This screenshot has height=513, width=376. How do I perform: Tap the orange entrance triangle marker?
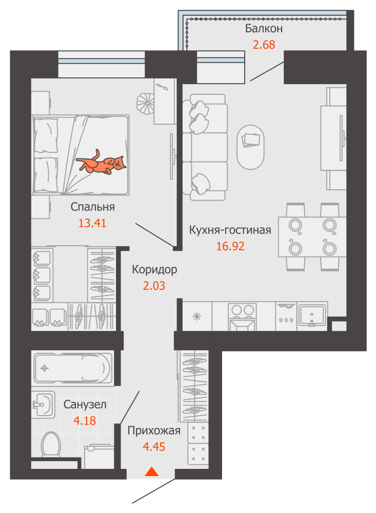[x=151, y=471]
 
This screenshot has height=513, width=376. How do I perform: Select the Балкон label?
[x=264, y=29]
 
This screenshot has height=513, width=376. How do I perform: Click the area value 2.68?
[x=264, y=45]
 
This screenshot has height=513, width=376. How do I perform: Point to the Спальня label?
[x=93, y=207]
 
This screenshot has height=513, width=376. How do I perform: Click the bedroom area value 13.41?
[x=92, y=223]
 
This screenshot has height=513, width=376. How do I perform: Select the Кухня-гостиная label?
[x=230, y=230]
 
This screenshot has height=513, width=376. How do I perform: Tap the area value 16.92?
[x=230, y=246]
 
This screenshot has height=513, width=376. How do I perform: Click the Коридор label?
[x=154, y=270]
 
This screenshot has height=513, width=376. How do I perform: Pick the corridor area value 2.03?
[x=154, y=286]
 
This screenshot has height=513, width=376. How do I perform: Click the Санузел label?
[x=85, y=405]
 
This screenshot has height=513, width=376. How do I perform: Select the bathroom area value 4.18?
[x=85, y=421]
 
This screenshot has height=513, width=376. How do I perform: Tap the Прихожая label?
[x=154, y=431]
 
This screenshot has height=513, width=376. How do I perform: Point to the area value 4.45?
[x=154, y=447]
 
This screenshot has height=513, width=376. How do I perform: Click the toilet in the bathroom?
[x=51, y=444]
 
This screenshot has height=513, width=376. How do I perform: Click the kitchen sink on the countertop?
[x=312, y=316]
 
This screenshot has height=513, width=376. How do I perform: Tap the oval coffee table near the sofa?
[x=250, y=147]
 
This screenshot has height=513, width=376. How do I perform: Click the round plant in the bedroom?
[x=146, y=103]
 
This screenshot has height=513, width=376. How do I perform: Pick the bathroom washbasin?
[x=43, y=404]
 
